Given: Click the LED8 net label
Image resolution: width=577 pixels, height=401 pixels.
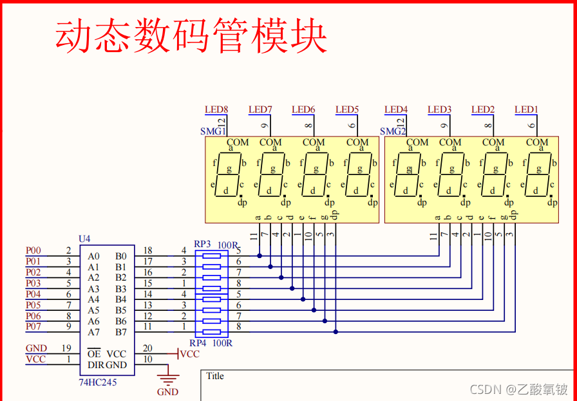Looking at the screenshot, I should coord(216,109).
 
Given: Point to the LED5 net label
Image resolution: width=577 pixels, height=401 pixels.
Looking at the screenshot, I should coord(347,109).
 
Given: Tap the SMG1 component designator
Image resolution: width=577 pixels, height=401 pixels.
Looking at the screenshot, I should coord(213,131).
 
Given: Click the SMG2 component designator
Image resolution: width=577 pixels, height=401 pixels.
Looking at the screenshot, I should coord(392,131).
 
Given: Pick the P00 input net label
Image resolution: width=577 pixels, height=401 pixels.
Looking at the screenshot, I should coord(33,250).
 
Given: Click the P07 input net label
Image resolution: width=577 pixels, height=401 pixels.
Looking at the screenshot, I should coord(33,326).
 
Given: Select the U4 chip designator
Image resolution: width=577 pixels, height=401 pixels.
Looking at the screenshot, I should coord(84,239).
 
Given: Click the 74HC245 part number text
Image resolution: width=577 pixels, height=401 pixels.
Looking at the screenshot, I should coord(97,382).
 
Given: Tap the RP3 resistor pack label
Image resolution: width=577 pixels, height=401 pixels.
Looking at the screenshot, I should coord(202,244).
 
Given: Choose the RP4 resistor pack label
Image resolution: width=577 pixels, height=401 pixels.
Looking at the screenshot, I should coord(198,343).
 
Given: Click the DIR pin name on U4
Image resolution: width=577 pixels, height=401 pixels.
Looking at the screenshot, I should coord(95,365).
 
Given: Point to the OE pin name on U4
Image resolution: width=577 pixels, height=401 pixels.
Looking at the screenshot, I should coord(94,354).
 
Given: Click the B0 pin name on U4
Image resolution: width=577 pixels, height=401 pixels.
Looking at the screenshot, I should coord(121,256).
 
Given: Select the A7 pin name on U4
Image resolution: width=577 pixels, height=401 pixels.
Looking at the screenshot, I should coord(94,332).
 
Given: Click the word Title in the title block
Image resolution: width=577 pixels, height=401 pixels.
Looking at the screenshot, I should coord(215,376).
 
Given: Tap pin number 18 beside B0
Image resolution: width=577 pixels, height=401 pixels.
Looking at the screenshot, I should coord(147,250).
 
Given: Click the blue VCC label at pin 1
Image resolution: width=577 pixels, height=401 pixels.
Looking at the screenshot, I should coord(35,359).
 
